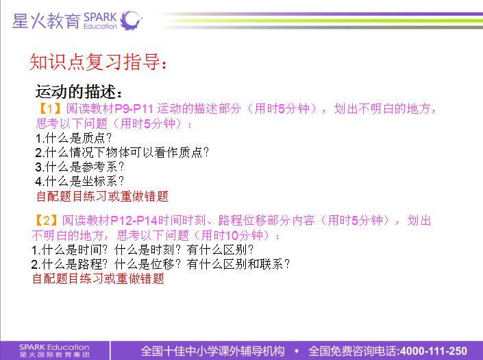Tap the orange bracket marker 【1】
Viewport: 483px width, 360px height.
[49, 108]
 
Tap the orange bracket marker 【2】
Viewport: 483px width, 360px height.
[46, 220]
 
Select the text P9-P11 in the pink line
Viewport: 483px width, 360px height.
[134, 108]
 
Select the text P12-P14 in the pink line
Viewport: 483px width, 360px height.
[134, 221]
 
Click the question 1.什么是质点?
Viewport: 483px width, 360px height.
[73, 138]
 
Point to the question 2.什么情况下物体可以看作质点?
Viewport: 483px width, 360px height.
[122, 152]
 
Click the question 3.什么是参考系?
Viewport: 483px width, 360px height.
[79, 167]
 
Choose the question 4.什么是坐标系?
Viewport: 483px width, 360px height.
[79, 181]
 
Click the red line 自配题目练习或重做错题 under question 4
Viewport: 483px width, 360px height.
[102, 196]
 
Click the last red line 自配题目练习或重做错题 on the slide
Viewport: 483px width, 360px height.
[98, 278]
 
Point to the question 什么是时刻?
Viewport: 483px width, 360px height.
[147, 250]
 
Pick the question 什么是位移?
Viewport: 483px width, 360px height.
[147, 264]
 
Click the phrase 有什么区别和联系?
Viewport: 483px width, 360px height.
[238, 264]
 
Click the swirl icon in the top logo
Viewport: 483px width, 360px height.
[131, 21]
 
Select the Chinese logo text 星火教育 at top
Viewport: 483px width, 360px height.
[46, 21]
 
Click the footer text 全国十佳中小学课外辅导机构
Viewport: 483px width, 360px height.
[213, 351]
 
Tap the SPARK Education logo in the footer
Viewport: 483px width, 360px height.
[54, 351]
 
